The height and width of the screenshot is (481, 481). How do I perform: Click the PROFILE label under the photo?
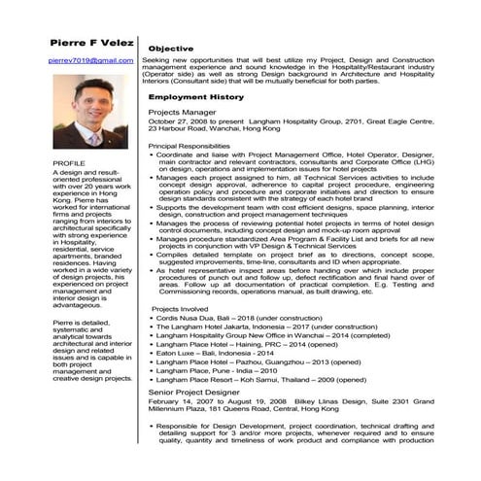coord(68,162)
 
